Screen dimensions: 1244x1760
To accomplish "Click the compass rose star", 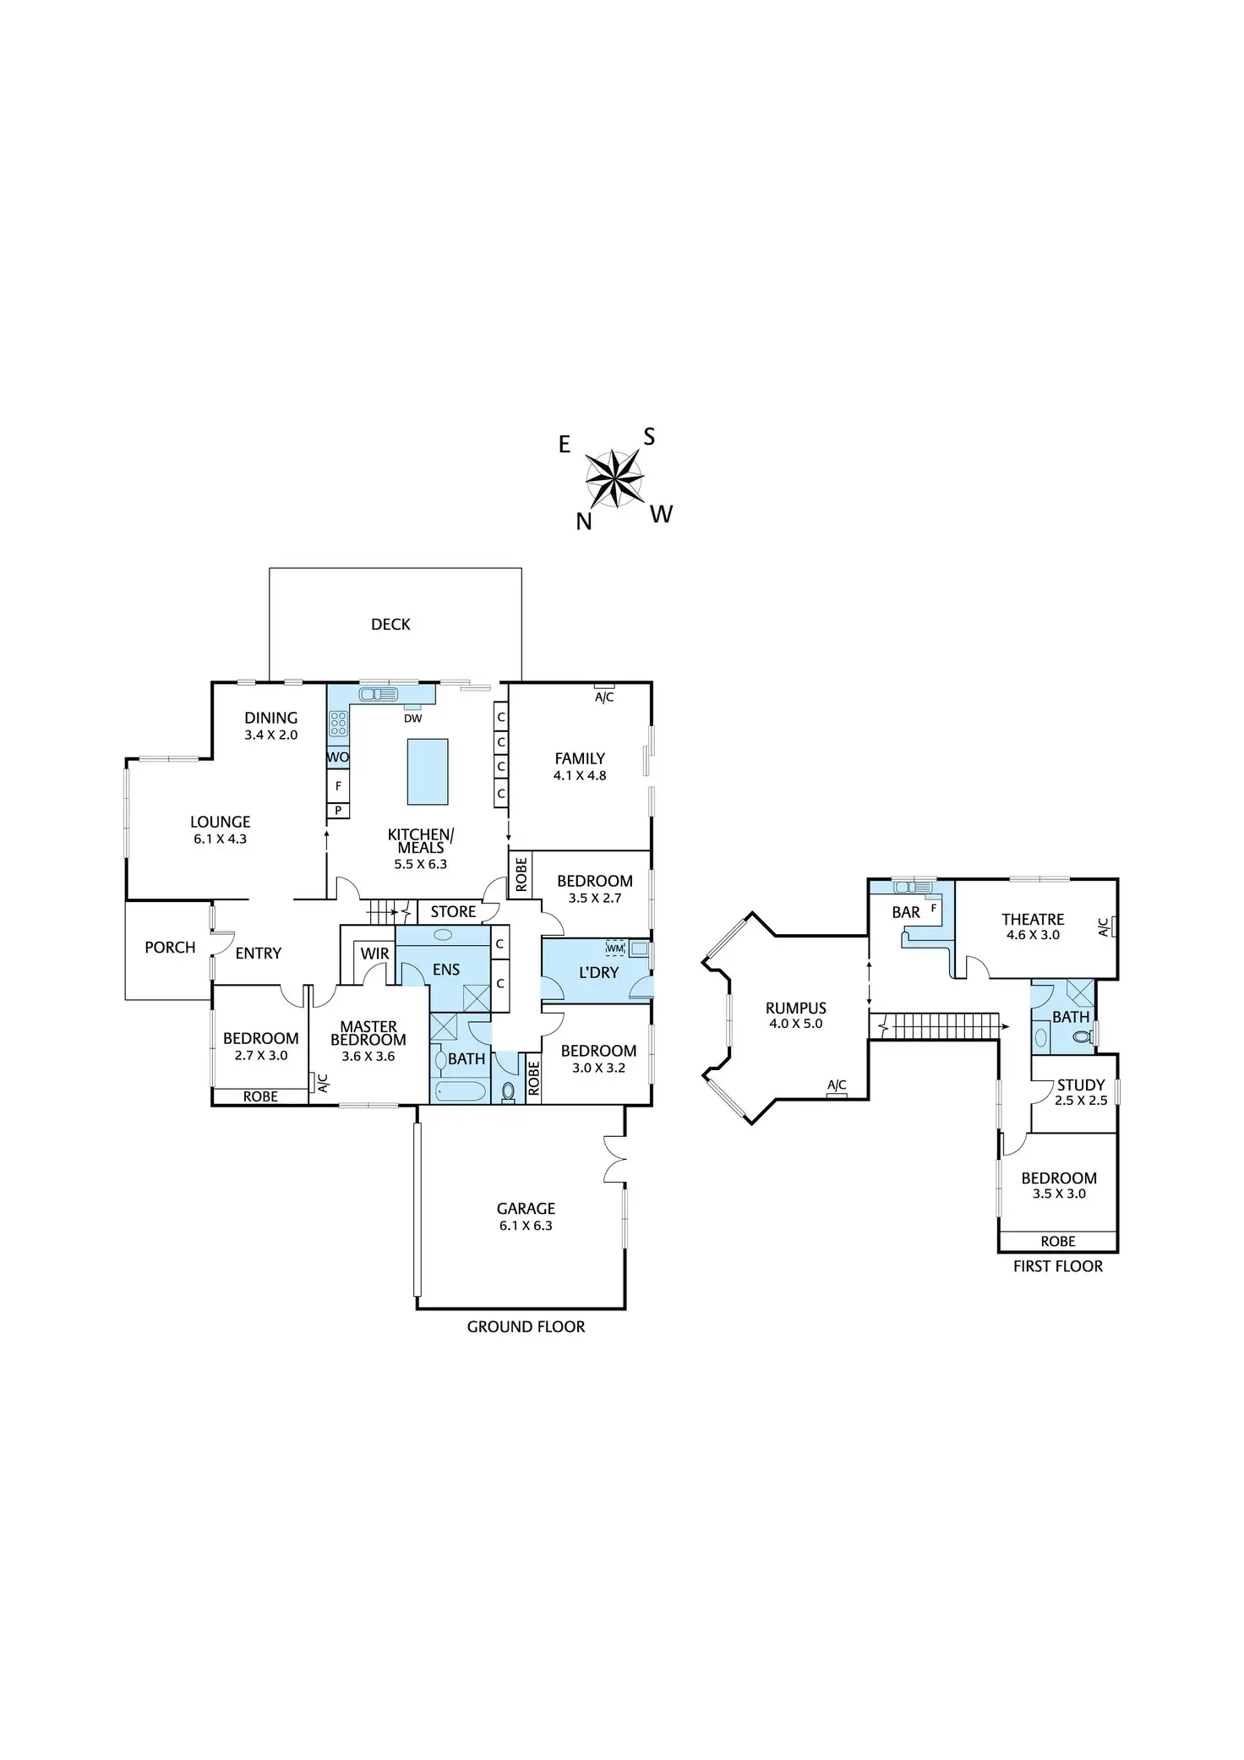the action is coord(614,478).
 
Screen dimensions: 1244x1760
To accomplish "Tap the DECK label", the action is coord(390,625).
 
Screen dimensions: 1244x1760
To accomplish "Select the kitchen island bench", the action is coord(428,772).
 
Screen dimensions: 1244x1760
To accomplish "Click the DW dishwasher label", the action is coord(412,719).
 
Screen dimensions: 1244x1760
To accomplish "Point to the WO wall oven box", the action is coord(338,757).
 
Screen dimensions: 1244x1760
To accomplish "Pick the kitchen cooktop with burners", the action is coord(338,724).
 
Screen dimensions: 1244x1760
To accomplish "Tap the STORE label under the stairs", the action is coord(453,911).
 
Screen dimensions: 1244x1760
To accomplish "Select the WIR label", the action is coord(374,954).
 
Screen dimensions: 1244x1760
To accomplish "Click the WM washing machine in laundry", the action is coord(614,948).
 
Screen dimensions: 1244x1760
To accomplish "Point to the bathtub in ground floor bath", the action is coord(461,1090).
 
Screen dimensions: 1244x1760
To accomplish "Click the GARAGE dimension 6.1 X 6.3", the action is coord(526,1226).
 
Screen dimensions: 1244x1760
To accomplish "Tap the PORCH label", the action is coord(170,948).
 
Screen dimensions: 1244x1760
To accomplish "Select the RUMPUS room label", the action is coord(795,1008).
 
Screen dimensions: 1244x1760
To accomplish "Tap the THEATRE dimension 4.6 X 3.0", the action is coord(1033,935).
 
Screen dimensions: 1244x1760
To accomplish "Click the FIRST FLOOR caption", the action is coord(1058,1266).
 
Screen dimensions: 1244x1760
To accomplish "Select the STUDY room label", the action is coord(1081,1085).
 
